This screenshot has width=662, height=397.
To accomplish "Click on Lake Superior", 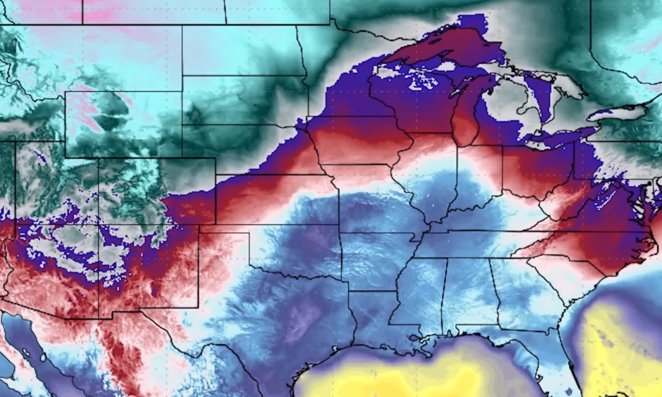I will (x=440, y=49).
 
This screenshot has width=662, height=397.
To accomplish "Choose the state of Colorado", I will (x=155, y=191).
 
